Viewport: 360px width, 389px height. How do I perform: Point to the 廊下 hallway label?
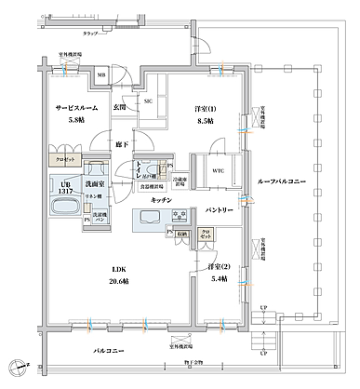(x=123, y=144)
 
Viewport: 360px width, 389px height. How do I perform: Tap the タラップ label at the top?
(x=89, y=33)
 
